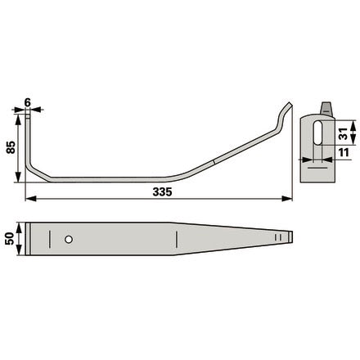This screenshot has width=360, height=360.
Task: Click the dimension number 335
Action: pos(162,192)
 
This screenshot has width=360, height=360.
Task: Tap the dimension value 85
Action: pos(11,147)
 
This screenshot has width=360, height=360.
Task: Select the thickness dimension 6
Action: pos(28,102)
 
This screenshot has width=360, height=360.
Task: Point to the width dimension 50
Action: pos(10,239)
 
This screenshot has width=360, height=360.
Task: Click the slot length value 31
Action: pos(344,133)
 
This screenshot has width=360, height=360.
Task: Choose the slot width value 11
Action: pos(344,152)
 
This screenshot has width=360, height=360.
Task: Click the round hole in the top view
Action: pos(69,240)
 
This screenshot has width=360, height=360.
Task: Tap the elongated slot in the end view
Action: pos(317,133)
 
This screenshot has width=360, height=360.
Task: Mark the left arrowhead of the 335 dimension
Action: pos(30,199)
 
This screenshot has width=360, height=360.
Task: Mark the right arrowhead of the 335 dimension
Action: pos(287,199)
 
